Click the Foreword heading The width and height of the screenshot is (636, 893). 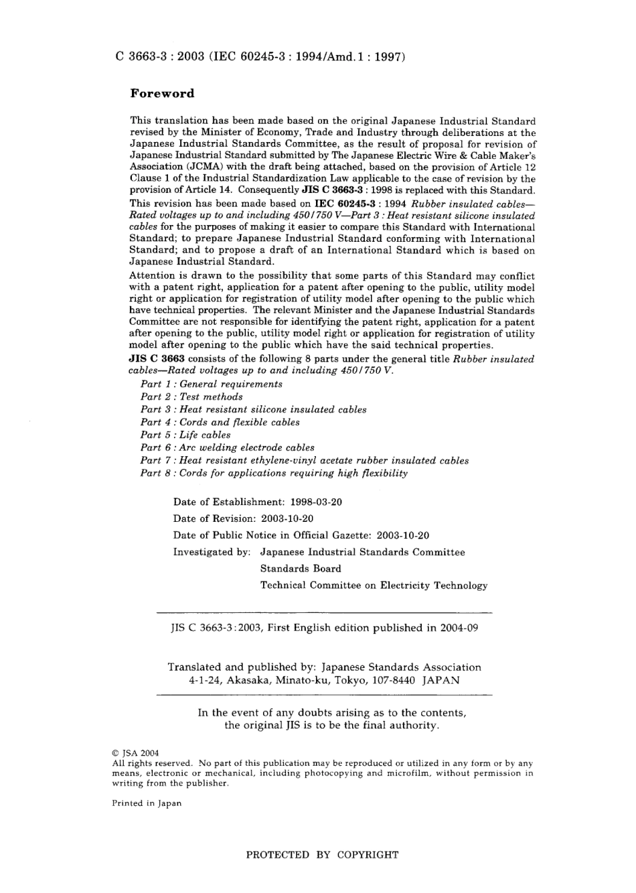pyautogui.click(x=162, y=94)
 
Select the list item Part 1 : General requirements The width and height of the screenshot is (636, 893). pyautogui.click(x=212, y=384)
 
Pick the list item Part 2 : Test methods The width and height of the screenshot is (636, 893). pyautogui.click(x=191, y=397)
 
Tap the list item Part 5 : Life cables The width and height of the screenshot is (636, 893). pyautogui.click(x=185, y=435)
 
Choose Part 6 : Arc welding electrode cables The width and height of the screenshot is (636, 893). pyautogui.click(x=228, y=448)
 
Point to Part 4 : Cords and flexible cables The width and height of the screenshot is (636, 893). pyautogui.click(x=220, y=422)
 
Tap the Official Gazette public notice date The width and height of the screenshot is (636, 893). pyautogui.click(x=403, y=535)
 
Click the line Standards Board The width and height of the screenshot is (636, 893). pyautogui.click(x=301, y=569)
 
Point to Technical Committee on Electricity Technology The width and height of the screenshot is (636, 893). pyautogui.click(x=374, y=586)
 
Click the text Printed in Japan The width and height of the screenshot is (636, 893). pyautogui.click(x=147, y=803)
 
